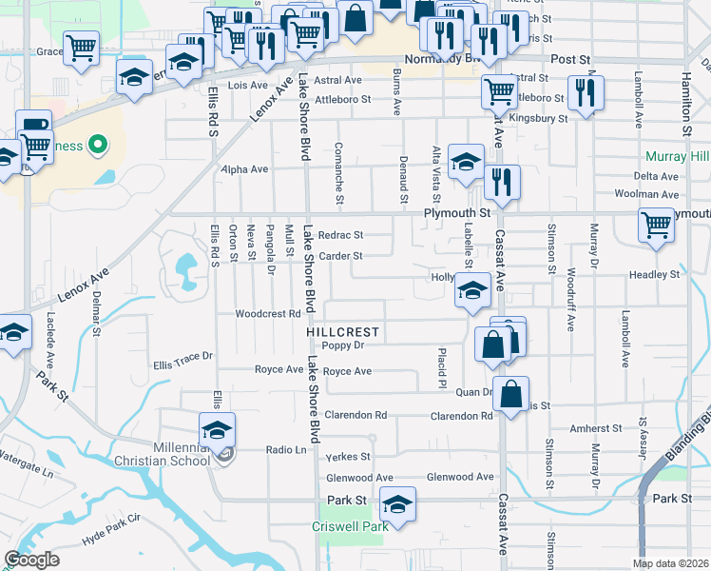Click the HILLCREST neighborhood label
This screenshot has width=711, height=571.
pyautogui.click(x=343, y=332)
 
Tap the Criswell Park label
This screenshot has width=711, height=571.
pyautogui.click(x=349, y=526)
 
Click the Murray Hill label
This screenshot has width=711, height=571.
pyautogui.click(x=677, y=156)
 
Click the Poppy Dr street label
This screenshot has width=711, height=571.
pyautogui.click(x=343, y=346)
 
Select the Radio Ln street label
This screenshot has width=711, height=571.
pyautogui.click(x=285, y=450)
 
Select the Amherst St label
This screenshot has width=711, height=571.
pyautogui.click(x=595, y=430)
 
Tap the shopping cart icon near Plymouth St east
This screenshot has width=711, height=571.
pyautogui.click(x=657, y=226)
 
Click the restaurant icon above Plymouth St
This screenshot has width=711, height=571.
pyautogui.click(x=502, y=182)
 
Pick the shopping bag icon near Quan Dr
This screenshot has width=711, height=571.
pyautogui.click(x=511, y=392)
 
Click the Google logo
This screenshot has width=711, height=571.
pyautogui.click(x=31, y=560)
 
